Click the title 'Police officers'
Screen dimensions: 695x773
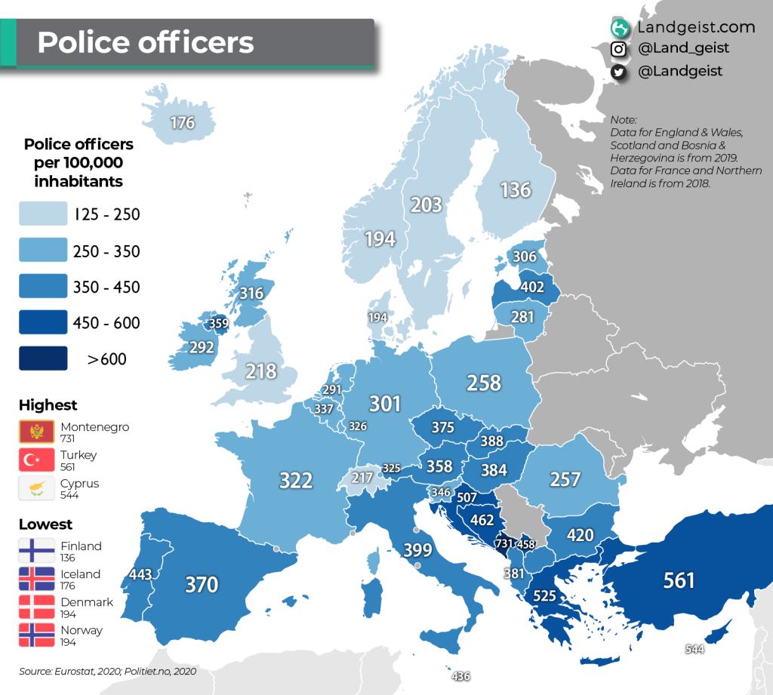[x=146, y=42]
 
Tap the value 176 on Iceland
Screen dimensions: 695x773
[x=183, y=122]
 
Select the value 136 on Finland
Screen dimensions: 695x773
[x=516, y=189]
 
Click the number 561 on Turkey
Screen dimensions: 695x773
[x=679, y=580]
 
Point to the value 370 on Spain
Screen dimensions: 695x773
[x=202, y=585]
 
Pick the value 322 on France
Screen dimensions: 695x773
[x=296, y=481]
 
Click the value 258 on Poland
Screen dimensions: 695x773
[x=484, y=383]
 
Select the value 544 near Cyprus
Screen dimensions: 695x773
[x=695, y=648]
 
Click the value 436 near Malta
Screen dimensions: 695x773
[x=460, y=676]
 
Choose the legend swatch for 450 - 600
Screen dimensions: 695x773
[x=43, y=323]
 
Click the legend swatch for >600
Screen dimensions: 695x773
[x=43, y=359]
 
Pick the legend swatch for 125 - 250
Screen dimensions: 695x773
[x=43, y=215]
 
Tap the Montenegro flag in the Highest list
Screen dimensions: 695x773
[x=36, y=432]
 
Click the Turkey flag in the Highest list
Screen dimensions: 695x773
[x=36, y=460]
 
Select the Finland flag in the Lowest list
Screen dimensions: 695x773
[x=36, y=551]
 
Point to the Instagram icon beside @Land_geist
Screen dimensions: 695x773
[x=620, y=49]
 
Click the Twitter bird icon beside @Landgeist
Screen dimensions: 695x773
[x=620, y=72]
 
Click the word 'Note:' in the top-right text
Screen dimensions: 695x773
[x=624, y=120]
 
